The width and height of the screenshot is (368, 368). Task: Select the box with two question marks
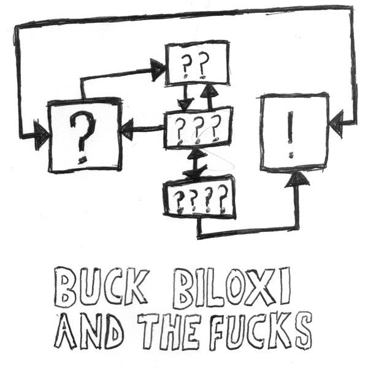pyautogui.click(x=197, y=63)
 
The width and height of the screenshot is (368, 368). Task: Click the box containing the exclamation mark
pyautogui.click(x=294, y=131)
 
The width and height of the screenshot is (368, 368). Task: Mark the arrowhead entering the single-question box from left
pyautogui.click(x=42, y=133)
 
